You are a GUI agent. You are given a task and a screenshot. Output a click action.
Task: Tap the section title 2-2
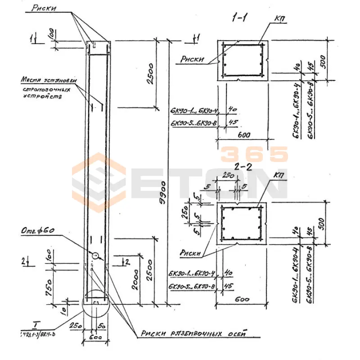click(243, 167)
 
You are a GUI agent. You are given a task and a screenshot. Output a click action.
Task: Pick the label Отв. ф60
click(37, 231)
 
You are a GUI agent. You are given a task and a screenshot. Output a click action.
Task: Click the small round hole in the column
click(95, 255)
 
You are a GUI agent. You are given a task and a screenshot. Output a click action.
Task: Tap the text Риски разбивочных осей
click(193, 334)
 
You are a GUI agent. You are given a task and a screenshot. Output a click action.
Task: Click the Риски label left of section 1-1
click(193, 58)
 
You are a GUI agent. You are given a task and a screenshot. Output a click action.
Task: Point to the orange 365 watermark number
click(254, 155)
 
